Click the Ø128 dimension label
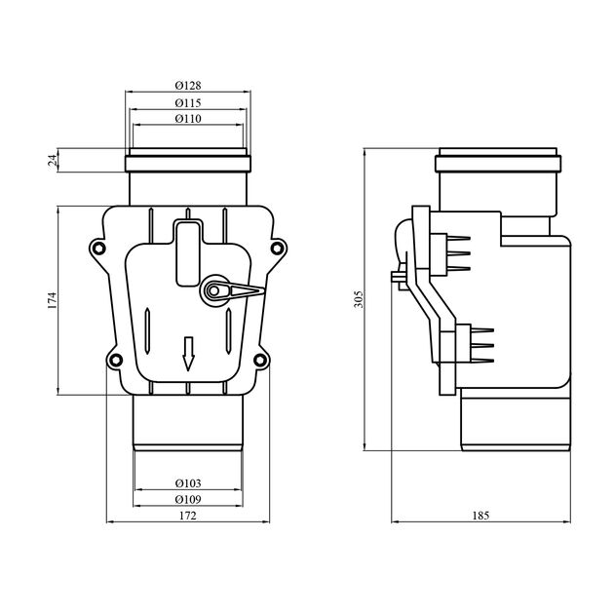pyautogui.click(x=188, y=85)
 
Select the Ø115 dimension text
pyautogui.click(x=188, y=103)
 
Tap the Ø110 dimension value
pyautogui.click(x=188, y=118)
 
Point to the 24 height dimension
pyautogui.click(x=53, y=160)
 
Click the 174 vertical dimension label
pyautogui.click(x=52, y=300)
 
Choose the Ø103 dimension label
pyautogui.click(x=188, y=483)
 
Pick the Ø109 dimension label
pyautogui.click(x=188, y=499)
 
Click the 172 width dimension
pyautogui.click(x=187, y=516)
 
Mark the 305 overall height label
pyautogui.click(x=359, y=299)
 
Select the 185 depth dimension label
pyautogui.click(x=480, y=516)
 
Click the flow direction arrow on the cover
pyautogui.click(x=188, y=354)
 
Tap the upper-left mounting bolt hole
pyautogui.click(x=97, y=249)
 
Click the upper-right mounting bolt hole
pyautogui.click(x=277, y=248)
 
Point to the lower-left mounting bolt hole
pyautogui.click(x=115, y=360)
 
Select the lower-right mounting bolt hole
pyautogui.click(x=260, y=360)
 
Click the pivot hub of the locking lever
pyautogui.click(x=213, y=290)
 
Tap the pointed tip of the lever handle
pyautogui.click(x=265, y=290)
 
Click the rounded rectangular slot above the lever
pyautogui.click(x=187, y=253)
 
